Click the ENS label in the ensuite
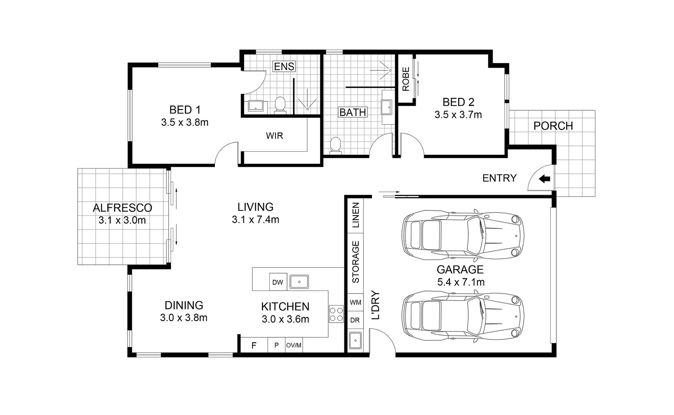pos(284,66)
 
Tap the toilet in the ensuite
pos(280,105)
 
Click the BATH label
pos(353,112)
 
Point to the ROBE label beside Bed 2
pos(406,79)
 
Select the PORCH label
pos(553,126)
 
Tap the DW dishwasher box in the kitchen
pos(277,282)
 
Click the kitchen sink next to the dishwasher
pos(299,282)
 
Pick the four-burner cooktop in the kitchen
pos(336,314)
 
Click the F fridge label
pos(254,345)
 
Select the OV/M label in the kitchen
pos(294,345)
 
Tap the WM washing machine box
pos(355,302)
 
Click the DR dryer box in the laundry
pos(355,320)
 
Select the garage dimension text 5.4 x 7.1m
pos(461,282)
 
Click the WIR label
pos(274,136)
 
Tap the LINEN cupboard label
pos(356,215)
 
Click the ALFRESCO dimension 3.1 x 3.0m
pos(122,221)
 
